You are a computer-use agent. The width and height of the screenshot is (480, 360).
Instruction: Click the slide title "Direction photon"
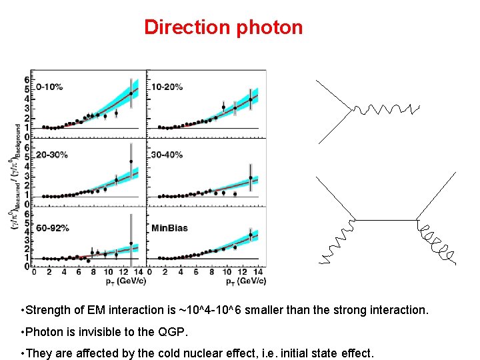(x=223, y=27)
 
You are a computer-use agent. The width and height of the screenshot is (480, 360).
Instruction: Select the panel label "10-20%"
(x=167, y=87)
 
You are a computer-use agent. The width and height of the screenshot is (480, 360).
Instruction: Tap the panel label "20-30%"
(x=53, y=155)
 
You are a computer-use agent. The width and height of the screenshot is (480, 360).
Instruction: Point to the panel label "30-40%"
(x=167, y=155)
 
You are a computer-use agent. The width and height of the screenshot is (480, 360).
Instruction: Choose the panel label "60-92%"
(x=53, y=227)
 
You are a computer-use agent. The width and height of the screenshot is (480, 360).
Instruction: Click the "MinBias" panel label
(x=169, y=227)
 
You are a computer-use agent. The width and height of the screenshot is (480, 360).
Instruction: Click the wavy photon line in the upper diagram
(x=387, y=109)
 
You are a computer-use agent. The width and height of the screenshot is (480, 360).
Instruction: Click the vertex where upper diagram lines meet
(x=351, y=111)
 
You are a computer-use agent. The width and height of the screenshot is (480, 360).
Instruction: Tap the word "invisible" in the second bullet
(x=96, y=331)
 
